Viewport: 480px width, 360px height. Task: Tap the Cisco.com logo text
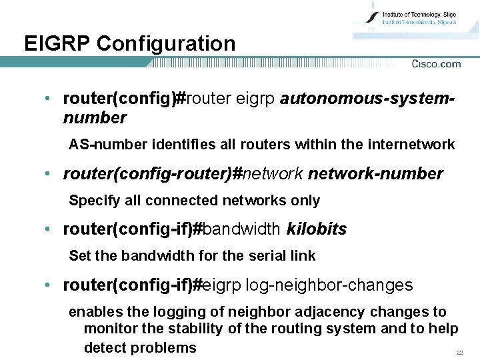436,64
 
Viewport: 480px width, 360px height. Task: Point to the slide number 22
459,352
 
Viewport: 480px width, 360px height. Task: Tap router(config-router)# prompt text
152,174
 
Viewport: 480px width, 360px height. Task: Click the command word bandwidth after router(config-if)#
241,230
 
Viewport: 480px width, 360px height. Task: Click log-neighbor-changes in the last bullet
329,286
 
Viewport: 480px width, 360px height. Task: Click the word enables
93,312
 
